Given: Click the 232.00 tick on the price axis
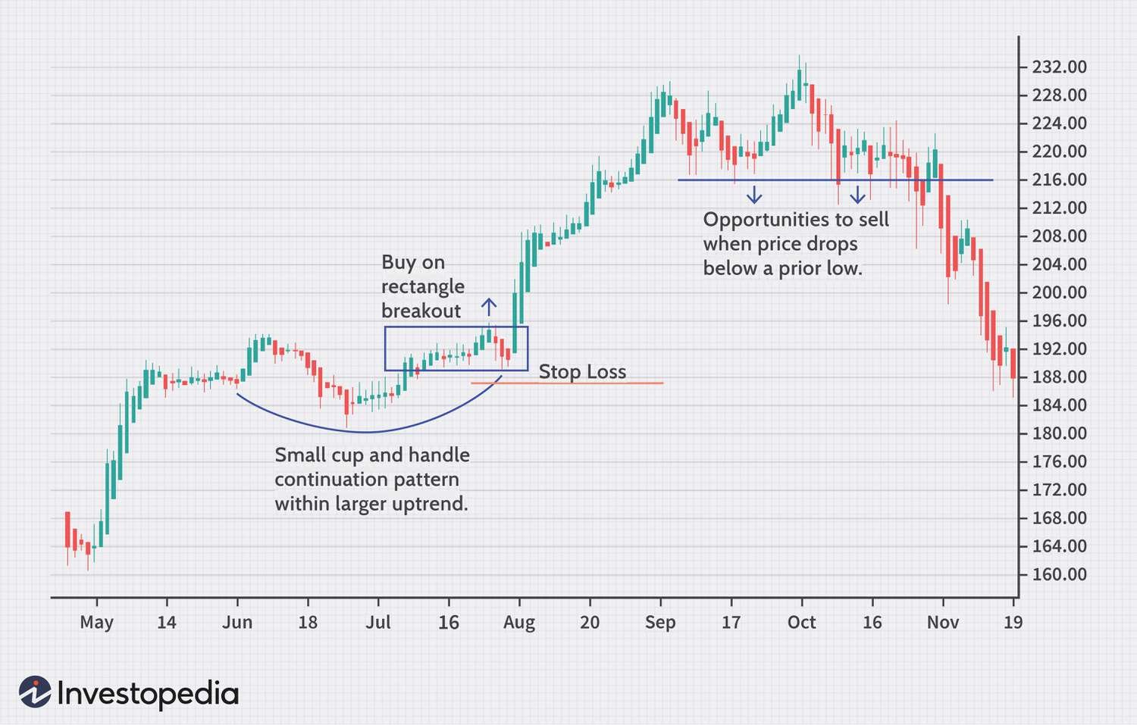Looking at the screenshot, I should coord(1059,67).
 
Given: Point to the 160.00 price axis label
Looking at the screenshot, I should coord(1059,574).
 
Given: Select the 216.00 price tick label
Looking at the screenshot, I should coord(1059,180).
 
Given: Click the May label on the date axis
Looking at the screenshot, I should coord(96,623).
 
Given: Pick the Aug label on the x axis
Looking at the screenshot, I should coord(519,623).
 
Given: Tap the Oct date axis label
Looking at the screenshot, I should coord(801,623).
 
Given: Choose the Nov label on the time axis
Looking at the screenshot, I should coord(942,623).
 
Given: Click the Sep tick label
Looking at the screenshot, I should coord(660,623).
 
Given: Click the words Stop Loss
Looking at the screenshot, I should coord(582,372).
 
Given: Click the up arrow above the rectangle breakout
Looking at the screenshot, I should coord(489,307).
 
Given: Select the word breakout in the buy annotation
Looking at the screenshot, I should coord(421,311).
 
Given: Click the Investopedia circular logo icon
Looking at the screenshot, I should coord(35,692).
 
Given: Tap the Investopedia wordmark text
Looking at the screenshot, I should coord(148,694).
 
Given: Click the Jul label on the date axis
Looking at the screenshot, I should coord(378,623).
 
